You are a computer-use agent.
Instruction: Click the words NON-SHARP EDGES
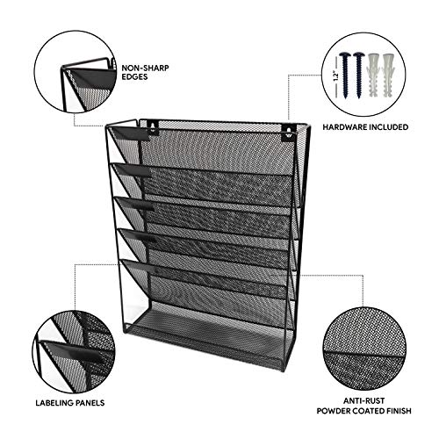(x=145, y=73)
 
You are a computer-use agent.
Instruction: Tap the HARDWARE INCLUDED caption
(x=365, y=127)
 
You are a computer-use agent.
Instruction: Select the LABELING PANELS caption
(x=70, y=403)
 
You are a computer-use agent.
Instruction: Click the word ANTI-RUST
(x=363, y=400)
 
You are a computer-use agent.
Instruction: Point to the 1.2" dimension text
(x=335, y=76)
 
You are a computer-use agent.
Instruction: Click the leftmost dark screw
(x=345, y=76)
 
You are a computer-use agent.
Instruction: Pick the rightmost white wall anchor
(x=387, y=76)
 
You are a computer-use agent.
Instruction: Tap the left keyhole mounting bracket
(x=152, y=128)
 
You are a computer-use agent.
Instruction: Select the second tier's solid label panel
(x=133, y=170)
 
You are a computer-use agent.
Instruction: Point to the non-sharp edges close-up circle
(x=76, y=72)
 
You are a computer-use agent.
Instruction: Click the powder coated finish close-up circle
(x=363, y=349)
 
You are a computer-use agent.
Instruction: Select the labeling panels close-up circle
(x=74, y=352)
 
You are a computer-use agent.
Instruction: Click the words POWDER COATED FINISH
(x=363, y=411)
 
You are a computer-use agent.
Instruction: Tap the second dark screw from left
(x=358, y=76)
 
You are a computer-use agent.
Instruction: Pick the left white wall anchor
(x=372, y=76)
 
